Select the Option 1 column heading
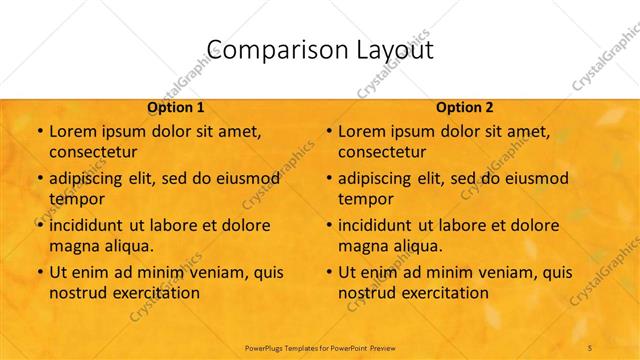[x=176, y=107]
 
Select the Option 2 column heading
[x=465, y=107]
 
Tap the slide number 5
[x=590, y=347]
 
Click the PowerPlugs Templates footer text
[x=320, y=347]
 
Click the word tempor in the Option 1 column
[x=76, y=199]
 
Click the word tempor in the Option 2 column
[x=365, y=199]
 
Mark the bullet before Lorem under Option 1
[x=39, y=132]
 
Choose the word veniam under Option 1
[x=211, y=272]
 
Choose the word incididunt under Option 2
[x=382, y=225]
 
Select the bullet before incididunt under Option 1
[x=39, y=225]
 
